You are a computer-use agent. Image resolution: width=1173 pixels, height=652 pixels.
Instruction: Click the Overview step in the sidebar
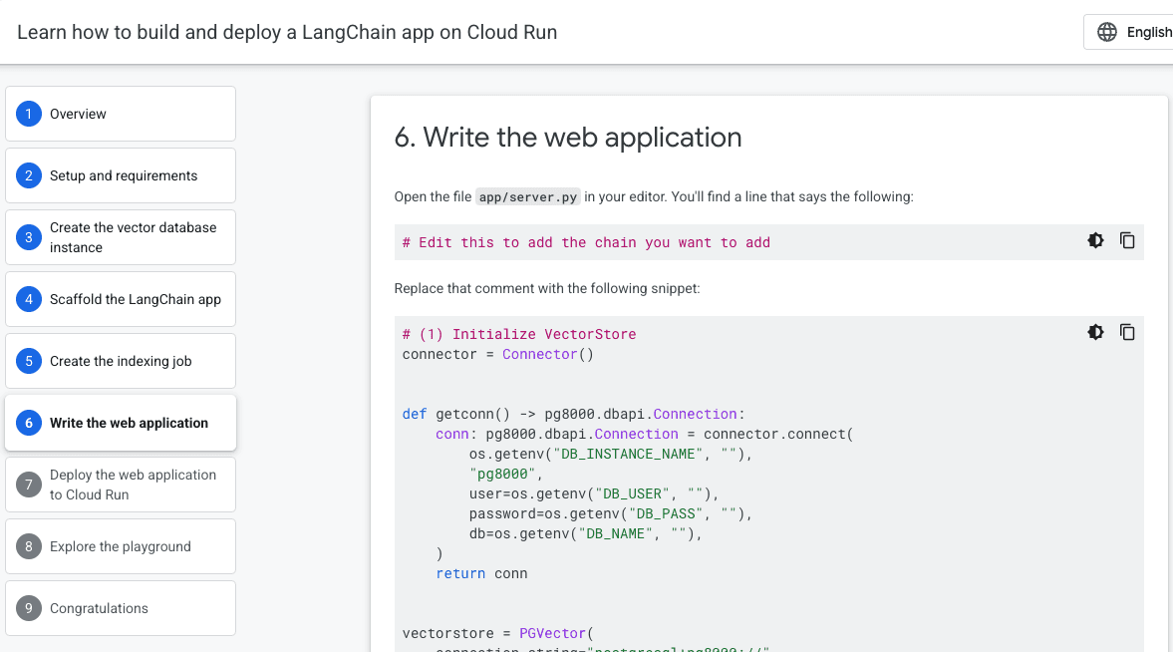point(120,114)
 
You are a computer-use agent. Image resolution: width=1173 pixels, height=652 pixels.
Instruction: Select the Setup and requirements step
point(120,175)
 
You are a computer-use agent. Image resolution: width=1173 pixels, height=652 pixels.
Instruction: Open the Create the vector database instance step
point(120,237)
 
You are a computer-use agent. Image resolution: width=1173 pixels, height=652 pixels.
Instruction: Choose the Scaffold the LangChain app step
point(120,299)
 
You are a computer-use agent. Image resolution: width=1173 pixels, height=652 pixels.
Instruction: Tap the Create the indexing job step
point(120,361)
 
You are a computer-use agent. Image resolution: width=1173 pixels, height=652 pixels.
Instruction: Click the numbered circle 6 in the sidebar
point(29,423)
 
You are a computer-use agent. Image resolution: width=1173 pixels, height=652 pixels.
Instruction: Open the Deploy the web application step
point(120,485)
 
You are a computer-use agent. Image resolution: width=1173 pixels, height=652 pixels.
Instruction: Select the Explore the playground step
point(120,546)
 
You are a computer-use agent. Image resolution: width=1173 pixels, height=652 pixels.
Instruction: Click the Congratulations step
point(120,608)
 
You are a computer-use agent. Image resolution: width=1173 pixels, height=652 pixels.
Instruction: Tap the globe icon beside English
point(1107,32)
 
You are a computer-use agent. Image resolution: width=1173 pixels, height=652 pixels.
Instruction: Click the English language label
point(1149,32)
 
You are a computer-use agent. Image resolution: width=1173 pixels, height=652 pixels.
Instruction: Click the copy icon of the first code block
point(1127,240)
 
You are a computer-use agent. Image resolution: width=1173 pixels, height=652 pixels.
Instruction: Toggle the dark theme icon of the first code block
point(1095,240)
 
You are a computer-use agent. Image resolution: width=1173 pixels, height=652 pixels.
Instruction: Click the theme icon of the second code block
point(1095,332)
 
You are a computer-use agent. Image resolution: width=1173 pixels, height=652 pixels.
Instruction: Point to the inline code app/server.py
point(528,197)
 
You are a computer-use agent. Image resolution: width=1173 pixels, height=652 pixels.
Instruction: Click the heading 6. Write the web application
point(568,138)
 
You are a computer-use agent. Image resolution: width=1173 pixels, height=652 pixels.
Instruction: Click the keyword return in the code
point(460,573)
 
